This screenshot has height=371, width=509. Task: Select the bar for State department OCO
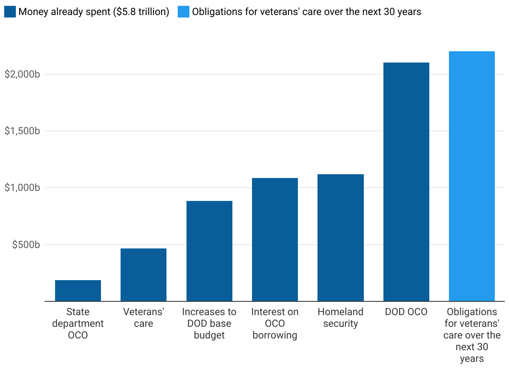pos(78,291)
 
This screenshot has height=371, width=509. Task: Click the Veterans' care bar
pos(144,275)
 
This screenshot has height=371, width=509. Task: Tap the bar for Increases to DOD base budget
pos(209,251)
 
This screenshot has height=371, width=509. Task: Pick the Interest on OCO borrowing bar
pos(275,240)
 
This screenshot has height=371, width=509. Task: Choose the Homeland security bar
pos(340,238)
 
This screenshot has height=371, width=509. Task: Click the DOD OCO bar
pos(406,182)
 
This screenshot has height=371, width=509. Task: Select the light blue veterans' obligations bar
pos(472,176)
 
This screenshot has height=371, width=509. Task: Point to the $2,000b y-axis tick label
pos(22,74)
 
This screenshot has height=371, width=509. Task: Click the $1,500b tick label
pos(22,131)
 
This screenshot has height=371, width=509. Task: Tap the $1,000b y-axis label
pos(22,188)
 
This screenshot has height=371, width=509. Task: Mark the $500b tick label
pos(26,244)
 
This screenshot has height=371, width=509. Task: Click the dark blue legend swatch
pos(10,12)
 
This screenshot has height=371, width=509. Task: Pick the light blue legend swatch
pos(184,12)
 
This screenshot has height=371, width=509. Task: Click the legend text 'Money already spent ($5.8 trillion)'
pos(94,12)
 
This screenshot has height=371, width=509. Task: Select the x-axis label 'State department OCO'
pos(78,323)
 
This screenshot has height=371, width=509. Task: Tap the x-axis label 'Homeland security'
pos(340,318)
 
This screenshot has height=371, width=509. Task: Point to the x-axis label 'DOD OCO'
pos(406,312)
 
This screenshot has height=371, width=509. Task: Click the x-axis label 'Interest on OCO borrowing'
pos(275,323)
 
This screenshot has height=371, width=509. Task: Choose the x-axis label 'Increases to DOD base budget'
pos(209,323)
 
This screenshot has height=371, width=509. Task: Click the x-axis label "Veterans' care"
pos(144,318)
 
